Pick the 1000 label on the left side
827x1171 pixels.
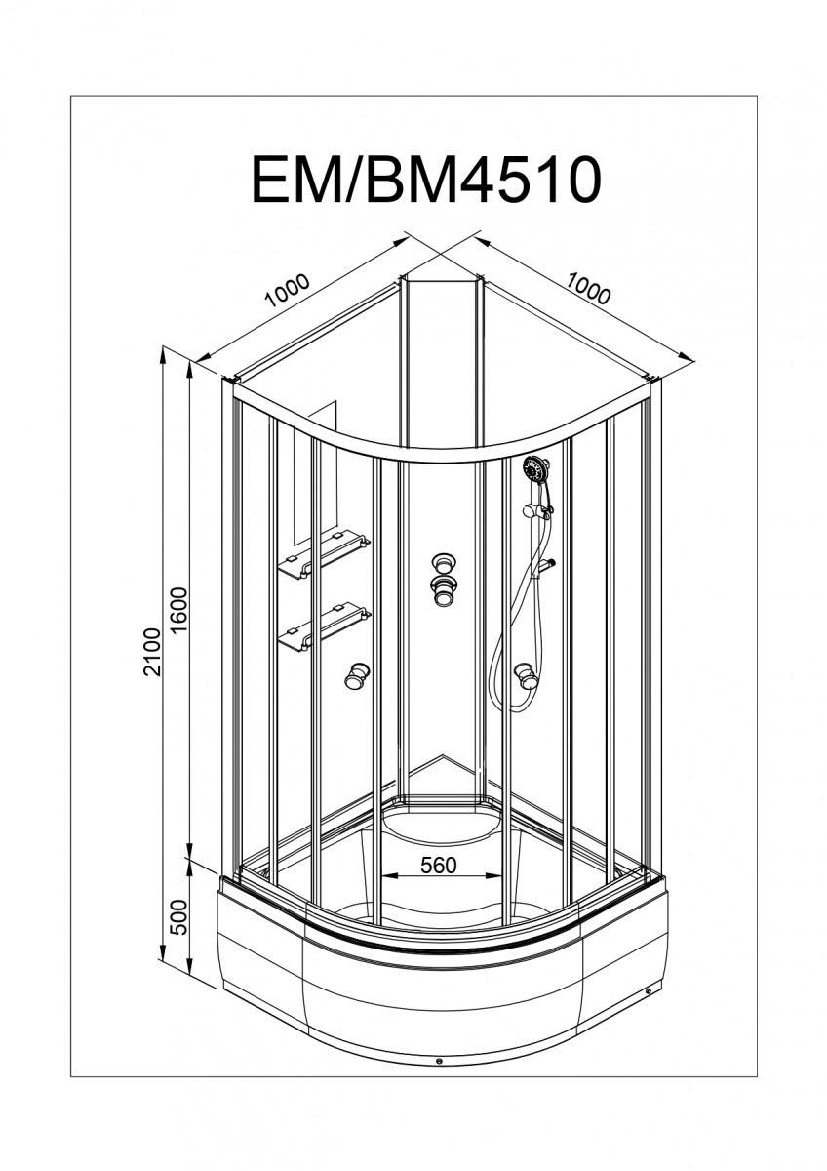[289, 289]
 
